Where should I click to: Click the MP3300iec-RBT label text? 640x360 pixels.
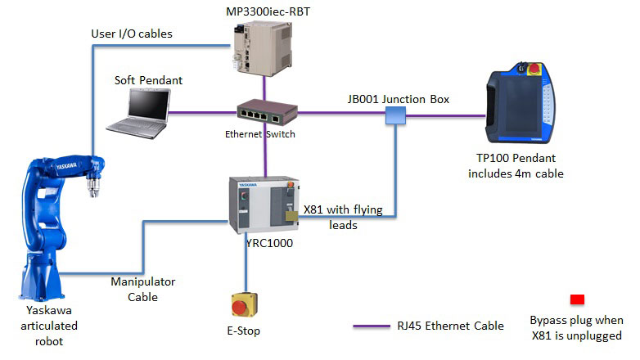coord(262,10)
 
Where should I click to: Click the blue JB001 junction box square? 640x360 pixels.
coord(396,117)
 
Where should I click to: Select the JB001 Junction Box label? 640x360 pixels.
coord(399,99)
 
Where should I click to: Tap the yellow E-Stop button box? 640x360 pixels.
coord(246,304)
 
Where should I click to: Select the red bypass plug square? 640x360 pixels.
coord(576,299)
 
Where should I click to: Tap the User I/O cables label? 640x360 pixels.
coord(133,34)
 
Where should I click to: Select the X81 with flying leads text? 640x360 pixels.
coord(343,217)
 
